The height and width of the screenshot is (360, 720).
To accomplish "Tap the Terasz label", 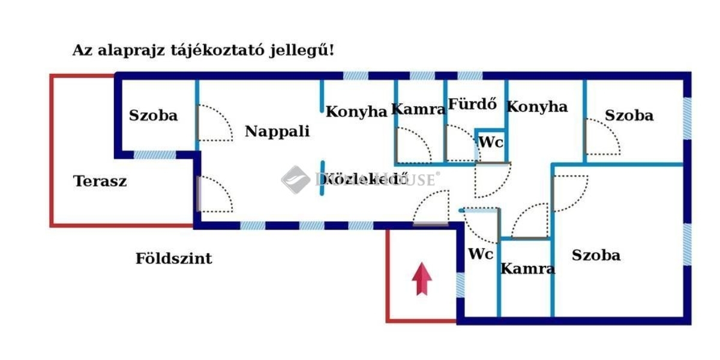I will (100, 181).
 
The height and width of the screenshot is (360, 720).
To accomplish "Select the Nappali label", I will (277, 131).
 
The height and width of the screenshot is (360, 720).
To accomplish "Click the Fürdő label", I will (473, 104).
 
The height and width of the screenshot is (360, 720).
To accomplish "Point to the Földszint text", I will (173, 259).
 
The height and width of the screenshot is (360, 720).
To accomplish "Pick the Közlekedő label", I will (364, 179).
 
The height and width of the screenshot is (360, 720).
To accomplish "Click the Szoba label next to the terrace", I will (154, 115).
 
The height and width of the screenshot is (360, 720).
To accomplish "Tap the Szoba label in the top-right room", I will (629, 115).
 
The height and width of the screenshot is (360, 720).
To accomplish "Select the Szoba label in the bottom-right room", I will (596, 255).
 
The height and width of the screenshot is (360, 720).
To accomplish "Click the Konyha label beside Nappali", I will (356, 112).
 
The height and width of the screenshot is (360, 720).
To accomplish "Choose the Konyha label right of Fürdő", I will (537, 107).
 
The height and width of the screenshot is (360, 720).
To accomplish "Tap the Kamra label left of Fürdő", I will (418, 109).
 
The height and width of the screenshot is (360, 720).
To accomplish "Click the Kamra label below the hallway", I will (527, 268).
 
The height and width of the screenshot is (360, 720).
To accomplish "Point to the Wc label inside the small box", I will (490, 143).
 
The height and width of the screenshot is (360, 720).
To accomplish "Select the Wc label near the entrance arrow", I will (481, 254).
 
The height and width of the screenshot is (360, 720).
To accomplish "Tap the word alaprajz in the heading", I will (130, 50).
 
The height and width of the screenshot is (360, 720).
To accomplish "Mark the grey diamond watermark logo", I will (295, 179).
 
